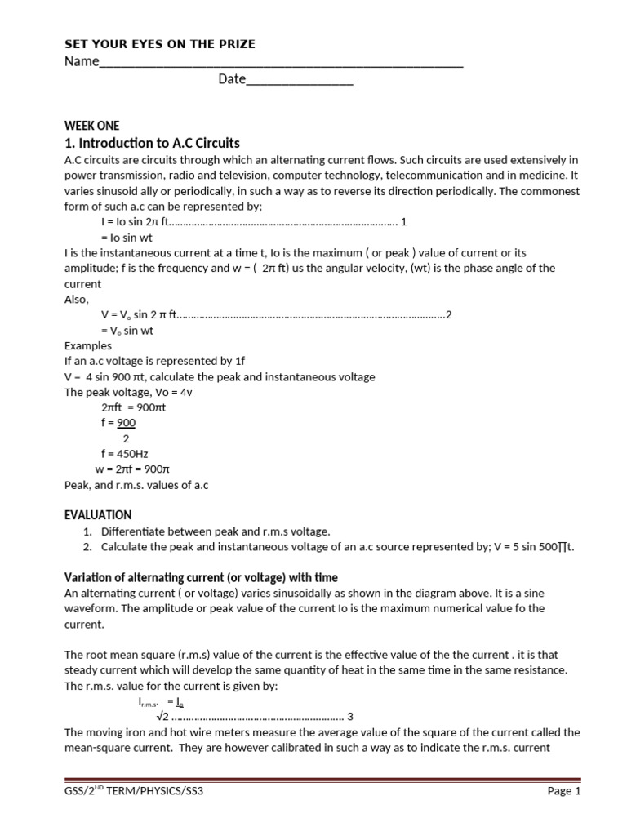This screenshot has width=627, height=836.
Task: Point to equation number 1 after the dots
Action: [x=403, y=221]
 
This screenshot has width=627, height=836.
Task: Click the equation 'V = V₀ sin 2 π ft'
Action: [x=139, y=314]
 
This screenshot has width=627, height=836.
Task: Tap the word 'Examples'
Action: [x=88, y=345]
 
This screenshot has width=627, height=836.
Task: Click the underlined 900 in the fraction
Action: [x=126, y=422]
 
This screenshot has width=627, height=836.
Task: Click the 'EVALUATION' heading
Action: [x=98, y=515]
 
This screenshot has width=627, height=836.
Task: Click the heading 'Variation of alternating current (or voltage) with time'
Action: [x=201, y=578]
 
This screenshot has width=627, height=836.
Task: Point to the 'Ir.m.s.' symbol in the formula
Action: [x=146, y=701]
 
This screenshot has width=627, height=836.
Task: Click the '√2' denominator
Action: [x=162, y=717]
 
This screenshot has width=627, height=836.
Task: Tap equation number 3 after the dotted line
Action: [x=350, y=717]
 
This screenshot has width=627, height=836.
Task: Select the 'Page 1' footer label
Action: [x=563, y=792]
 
